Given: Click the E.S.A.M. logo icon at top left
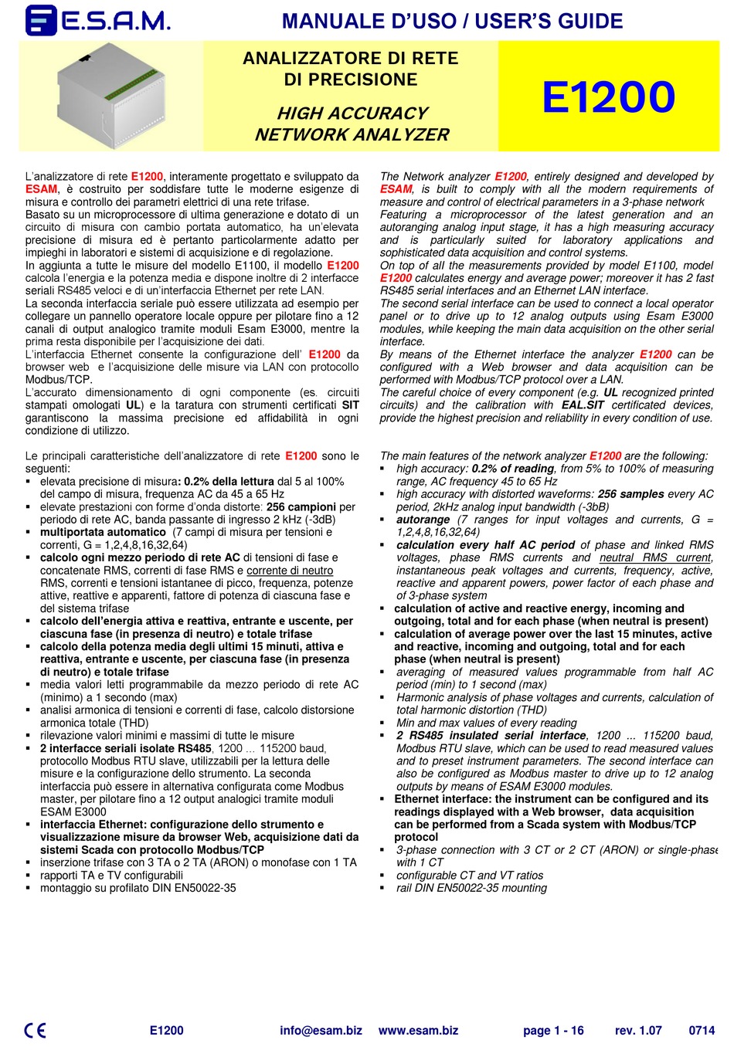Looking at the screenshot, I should tap(40, 20).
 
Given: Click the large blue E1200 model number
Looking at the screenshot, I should tap(608, 97).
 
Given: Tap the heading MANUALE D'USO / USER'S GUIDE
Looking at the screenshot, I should tap(452, 21).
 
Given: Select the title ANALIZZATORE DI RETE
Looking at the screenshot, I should tap(350, 59).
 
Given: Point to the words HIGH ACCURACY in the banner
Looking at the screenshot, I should tap(352, 113).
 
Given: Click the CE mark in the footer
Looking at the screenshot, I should tap(35, 1030).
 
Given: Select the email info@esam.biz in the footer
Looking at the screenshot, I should tap(321, 1030).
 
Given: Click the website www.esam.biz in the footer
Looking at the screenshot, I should tap(418, 1030).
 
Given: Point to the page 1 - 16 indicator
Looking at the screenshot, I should tap(553, 1030).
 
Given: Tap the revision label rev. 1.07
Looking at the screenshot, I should tap(638, 1030).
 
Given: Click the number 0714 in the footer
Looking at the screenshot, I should tap(702, 1030).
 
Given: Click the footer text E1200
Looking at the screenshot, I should tap(166, 1030).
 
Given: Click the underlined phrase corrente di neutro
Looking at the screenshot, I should tap(290, 571).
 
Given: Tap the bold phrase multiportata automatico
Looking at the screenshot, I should tap(103, 532).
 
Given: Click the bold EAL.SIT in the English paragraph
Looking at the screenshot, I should tap(583, 405).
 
